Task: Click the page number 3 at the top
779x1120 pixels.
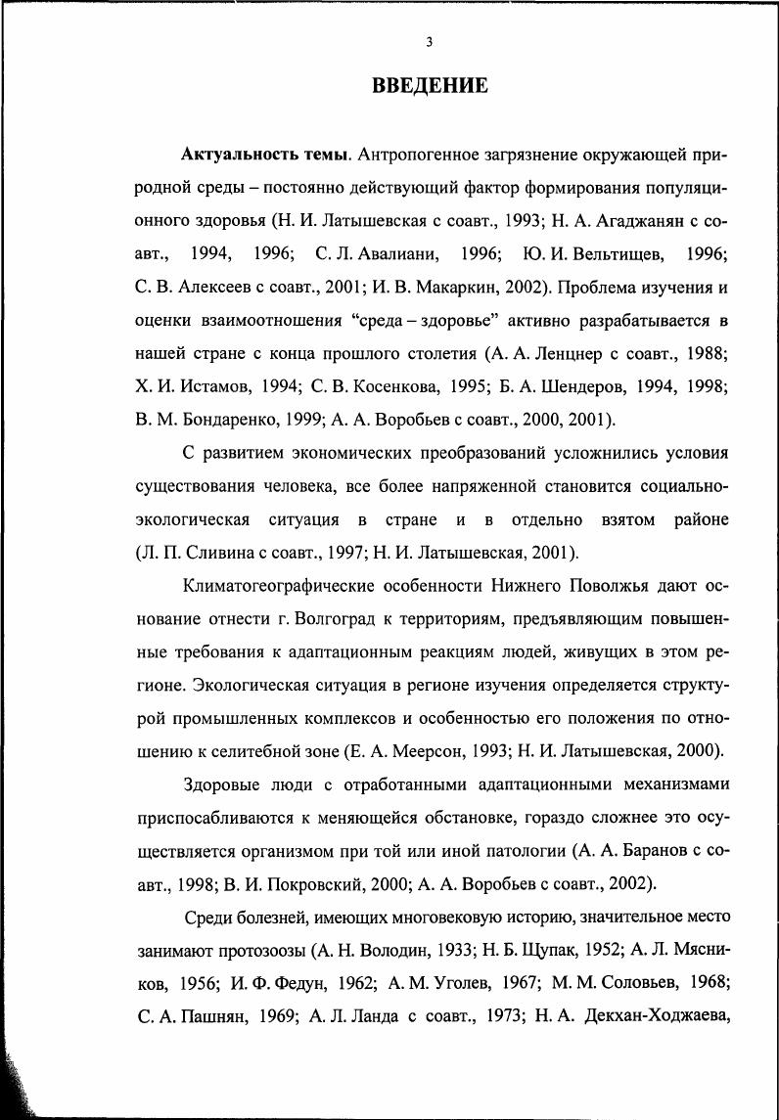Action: (429, 41)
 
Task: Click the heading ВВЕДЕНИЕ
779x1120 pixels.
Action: (430, 86)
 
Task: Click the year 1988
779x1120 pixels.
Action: (707, 353)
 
